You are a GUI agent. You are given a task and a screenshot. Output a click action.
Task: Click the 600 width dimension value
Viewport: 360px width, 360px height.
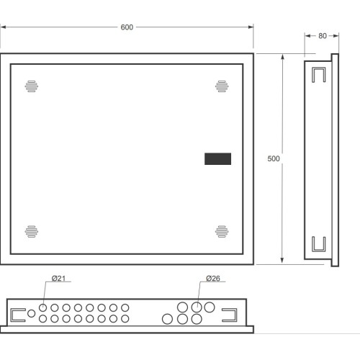(x=127, y=27)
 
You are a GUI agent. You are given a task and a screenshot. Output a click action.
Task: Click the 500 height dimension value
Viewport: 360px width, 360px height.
(x=274, y=158)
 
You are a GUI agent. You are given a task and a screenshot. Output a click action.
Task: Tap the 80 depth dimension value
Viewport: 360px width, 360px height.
(x=323, y=36)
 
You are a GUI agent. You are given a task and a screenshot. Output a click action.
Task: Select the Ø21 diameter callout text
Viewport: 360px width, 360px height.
(x=58, y=279)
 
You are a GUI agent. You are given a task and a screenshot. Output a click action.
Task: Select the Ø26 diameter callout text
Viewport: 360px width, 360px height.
(x=213, y=279)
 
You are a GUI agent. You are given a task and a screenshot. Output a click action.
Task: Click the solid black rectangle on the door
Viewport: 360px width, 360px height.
(x=217, y=159)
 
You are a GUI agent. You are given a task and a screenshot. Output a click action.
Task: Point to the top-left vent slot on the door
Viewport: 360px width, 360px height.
(x=32, y=86)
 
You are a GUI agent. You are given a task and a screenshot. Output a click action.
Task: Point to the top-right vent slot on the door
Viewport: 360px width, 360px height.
(x=222, y=86)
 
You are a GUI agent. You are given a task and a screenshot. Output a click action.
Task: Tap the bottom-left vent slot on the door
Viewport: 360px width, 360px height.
(x=32, y=231)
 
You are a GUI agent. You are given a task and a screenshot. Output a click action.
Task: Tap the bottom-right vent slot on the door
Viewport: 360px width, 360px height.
(x=222, y=231)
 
